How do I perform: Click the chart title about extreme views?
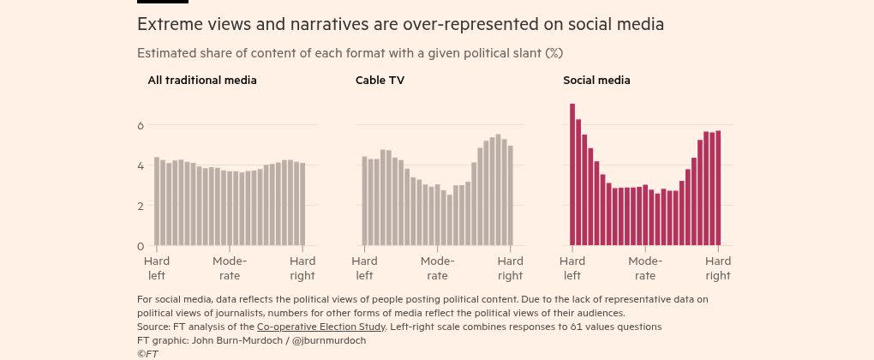tap(400, 24)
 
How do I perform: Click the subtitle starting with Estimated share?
tap(350, 53)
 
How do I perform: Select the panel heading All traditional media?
tap(202, 81)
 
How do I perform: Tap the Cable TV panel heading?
tap(380, 81)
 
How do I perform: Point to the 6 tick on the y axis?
tap(141, 125)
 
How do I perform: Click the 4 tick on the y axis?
tap(141, 165)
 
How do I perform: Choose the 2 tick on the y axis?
tap(141, 206)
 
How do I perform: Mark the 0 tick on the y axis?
tap(141, 246)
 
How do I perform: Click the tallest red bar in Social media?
tap(572, 175)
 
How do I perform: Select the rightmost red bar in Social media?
tap(718, 189)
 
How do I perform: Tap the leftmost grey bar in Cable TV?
tap(365, 201)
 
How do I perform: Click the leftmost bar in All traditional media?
tap(157, 201)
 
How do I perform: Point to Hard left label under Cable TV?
tap(364, 268)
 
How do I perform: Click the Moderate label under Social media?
tap(645, 268)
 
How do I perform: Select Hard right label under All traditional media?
tap(302, 268)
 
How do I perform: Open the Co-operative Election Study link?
tap(321, 327)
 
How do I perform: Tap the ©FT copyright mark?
tap(147, 353)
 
